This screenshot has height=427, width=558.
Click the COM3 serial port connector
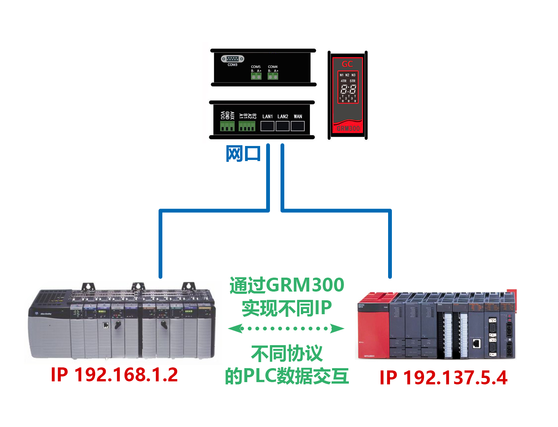click(233, 59)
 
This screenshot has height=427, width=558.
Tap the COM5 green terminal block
click(256, 76)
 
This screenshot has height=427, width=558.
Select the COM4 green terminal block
click(273, 76)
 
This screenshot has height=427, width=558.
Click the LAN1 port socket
click(267, 126)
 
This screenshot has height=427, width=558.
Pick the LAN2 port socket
click(282, 126)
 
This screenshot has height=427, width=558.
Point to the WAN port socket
click(297, 126)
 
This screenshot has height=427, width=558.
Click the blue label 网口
click(243, 154)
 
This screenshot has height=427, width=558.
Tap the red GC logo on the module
click(347, 64)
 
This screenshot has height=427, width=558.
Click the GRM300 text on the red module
click(348, 129)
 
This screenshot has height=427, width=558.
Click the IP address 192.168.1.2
click(114, 375)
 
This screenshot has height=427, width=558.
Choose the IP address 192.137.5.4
click(443, 378)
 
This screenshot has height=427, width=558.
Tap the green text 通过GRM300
click(287, 285)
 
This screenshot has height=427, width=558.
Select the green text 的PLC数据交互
click(287, 376)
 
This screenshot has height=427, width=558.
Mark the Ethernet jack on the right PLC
click(477, 343)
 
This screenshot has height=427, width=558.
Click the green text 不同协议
click(287, 353)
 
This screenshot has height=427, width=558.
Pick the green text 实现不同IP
click(287, 308)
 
